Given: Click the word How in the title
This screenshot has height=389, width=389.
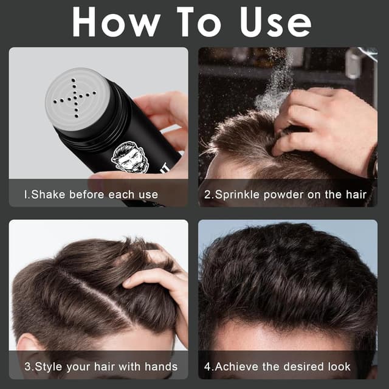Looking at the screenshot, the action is pos(116,22).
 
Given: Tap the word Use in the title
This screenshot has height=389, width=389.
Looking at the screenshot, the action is pos(275,22).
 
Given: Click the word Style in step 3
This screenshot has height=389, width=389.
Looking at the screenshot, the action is pos(49,367).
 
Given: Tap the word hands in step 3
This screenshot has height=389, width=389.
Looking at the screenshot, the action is pos(161,367).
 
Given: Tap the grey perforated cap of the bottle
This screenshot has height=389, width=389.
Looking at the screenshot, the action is pos(78,99).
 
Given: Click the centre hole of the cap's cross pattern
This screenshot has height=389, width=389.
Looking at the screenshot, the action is pos(75,98).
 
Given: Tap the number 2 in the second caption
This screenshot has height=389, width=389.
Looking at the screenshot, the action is pos(207,194).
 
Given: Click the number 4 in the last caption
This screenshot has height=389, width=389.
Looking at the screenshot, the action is pos(208,367).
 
